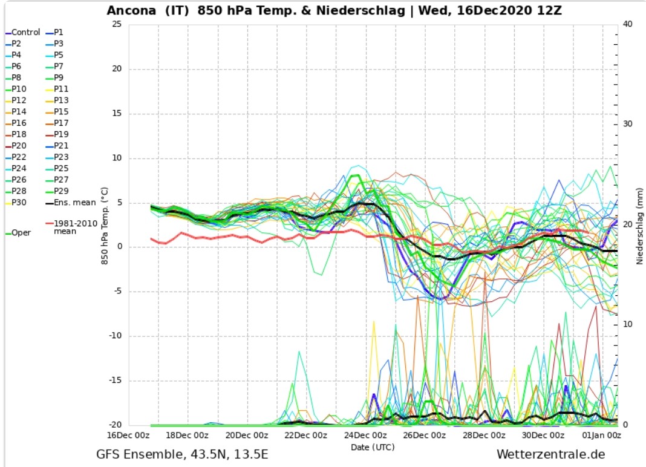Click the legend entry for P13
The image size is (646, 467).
(x=61, y=100)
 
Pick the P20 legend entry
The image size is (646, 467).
(x=19, y=146)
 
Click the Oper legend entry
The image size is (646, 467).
(x=21, y=232)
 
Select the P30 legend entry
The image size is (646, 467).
(x=19, y=203)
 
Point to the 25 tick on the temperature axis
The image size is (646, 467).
(x=117, y=24)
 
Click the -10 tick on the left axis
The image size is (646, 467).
(x=115, y=336)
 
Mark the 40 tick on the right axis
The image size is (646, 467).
(x=628, y=24)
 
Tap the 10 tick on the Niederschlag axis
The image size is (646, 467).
(x=628, y=325)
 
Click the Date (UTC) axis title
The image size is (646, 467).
(x=373, y=446)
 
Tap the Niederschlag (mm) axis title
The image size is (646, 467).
(x=640, y=224)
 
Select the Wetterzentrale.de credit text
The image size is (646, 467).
(x=550, y=454)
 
